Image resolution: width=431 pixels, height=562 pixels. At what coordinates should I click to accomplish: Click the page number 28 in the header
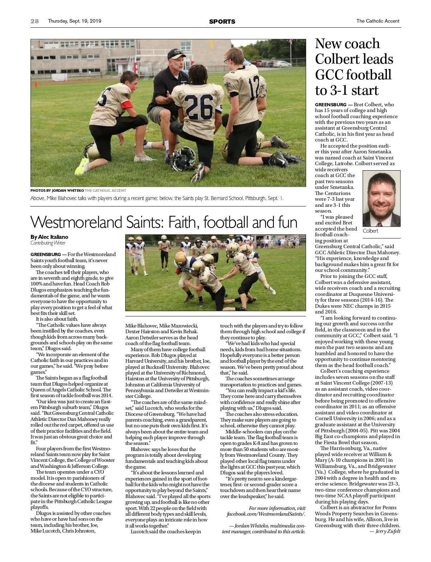(x=34, y=21)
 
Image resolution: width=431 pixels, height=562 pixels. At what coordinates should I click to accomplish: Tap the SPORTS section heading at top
(x=222, y=22)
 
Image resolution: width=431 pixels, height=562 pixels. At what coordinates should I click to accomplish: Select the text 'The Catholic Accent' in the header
(x=377, y=21)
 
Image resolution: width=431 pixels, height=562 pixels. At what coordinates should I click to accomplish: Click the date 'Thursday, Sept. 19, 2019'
(x=75, y=21)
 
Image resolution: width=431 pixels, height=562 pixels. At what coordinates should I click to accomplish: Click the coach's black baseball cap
(x=176, y=54)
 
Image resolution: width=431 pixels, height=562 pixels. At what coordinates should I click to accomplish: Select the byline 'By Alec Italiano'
(x=49, y=237)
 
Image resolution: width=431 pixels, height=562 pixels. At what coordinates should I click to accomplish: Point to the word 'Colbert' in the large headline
(x=354, y=59)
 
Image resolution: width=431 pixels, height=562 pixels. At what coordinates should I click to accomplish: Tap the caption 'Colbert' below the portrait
(x=370, y=231)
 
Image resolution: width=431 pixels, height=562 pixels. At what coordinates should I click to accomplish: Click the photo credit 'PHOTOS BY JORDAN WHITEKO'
(x=57, y=190)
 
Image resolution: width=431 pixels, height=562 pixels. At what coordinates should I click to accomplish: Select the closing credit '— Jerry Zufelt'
(x=385, y=531)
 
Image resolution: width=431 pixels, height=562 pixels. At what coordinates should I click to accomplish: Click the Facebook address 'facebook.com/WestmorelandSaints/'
(x=266, y=514)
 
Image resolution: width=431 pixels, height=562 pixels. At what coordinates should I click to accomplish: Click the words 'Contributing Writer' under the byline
(x=48, y=243)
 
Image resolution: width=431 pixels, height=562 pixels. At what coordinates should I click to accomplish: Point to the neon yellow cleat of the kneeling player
(x=83, y=166)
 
